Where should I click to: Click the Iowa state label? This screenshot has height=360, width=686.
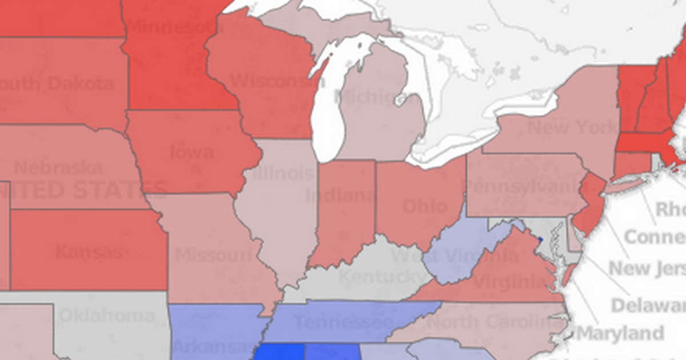pyautogui.click(x=192, y=153)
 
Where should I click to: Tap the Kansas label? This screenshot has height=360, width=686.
pyautogui.click(x=89, y=251)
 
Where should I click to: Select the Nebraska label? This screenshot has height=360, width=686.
pyautogui.click(x=58, y=168)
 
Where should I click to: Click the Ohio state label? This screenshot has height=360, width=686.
pyautogui.click(x=425, y=206)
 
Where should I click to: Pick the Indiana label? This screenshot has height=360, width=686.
pyautogui.click(x=340, y=196)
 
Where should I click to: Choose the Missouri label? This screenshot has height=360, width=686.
pyautogui.click(x=213, y=255)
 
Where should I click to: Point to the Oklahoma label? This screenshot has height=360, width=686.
pyautogui.click(x=106, y=315)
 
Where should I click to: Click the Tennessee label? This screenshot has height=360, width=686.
pyautogui.click(x=343, y=322)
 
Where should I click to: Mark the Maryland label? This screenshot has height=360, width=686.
pyautogui.click(x=622, y=333)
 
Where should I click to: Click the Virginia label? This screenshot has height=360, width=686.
pyautogui.click(x=509, y=281)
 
